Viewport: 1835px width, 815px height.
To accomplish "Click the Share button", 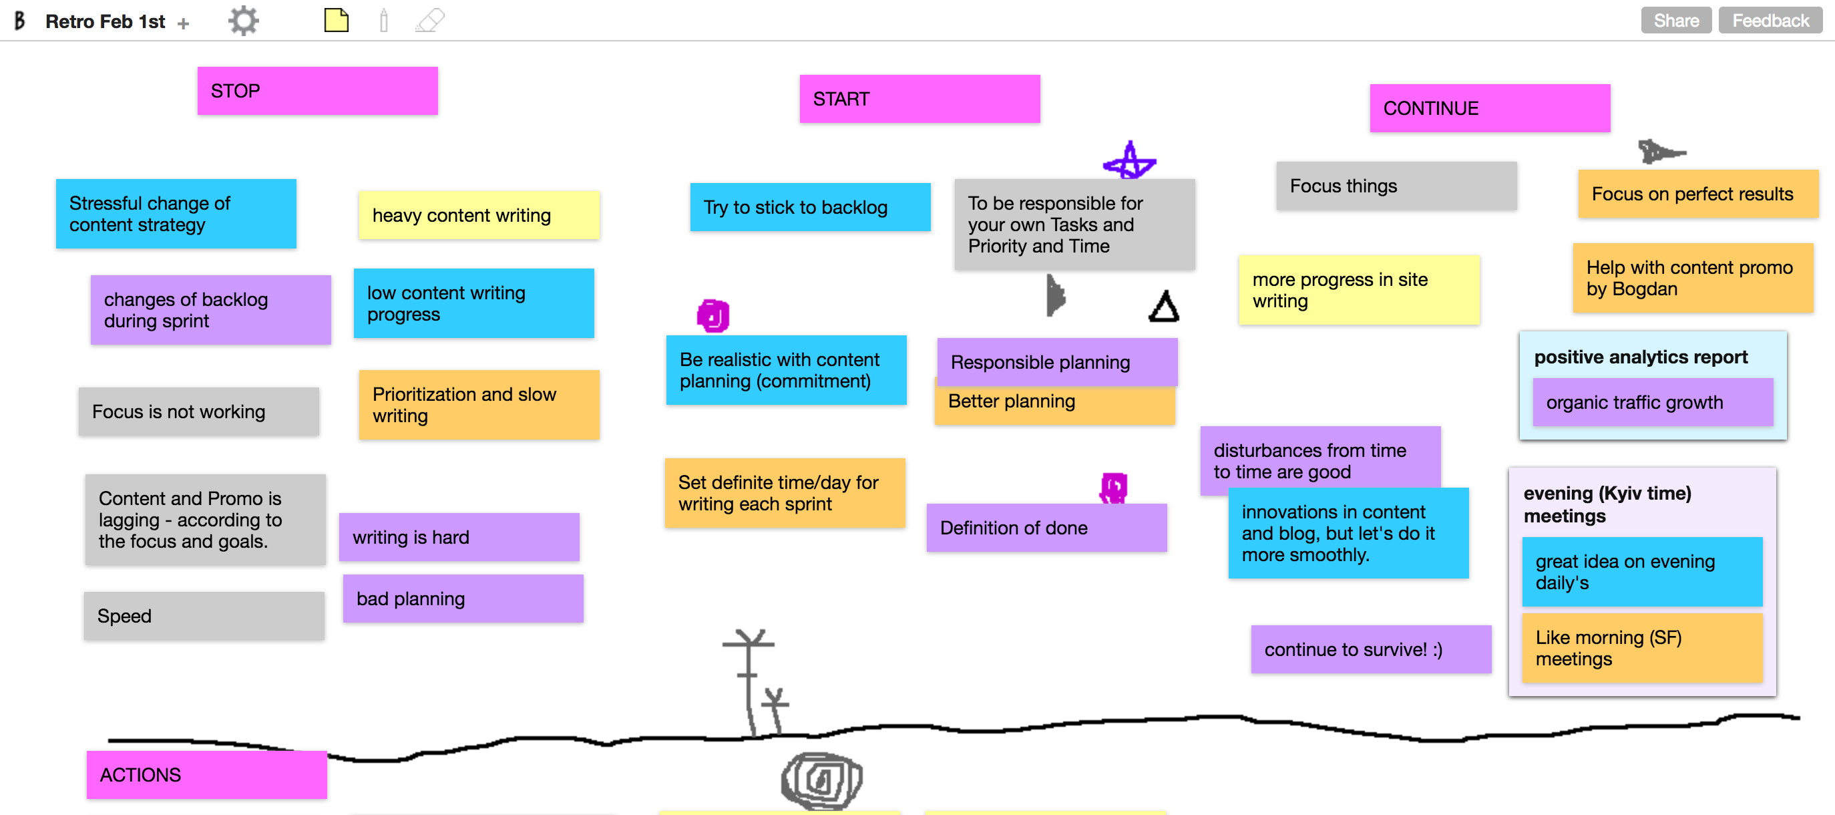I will tap(1675, 21).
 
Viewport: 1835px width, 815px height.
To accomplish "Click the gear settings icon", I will tap(244, 21).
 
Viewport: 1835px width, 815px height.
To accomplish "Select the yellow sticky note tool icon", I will tap(337, 20).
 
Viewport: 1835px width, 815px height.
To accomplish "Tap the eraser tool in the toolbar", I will tap(430, 21).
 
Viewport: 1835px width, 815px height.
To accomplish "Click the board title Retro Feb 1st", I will tap(105, 21).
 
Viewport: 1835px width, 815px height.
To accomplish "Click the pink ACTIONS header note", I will tap(206, 774).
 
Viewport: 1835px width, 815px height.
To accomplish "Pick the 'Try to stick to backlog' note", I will tap(810, 207).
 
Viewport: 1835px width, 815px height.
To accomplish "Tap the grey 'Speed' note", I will tap(204, 615).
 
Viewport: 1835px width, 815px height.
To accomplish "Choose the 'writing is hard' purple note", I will tap(459, 537).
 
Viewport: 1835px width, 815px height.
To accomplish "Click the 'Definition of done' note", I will tap(1046, 528).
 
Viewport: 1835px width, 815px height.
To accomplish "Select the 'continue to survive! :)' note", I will tap(1370, 649).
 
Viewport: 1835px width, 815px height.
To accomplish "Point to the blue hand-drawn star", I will tap(1129, 162).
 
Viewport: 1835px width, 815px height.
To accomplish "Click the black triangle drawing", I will tap(1163, 307).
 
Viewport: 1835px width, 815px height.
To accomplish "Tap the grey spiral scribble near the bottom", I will tap(821, 780).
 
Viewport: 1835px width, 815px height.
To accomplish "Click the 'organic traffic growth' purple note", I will tap(1652, 403).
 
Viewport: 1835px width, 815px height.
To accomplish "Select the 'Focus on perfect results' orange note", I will tap(1697, 194).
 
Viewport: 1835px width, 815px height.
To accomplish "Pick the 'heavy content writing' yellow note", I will tap(479, 215).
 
